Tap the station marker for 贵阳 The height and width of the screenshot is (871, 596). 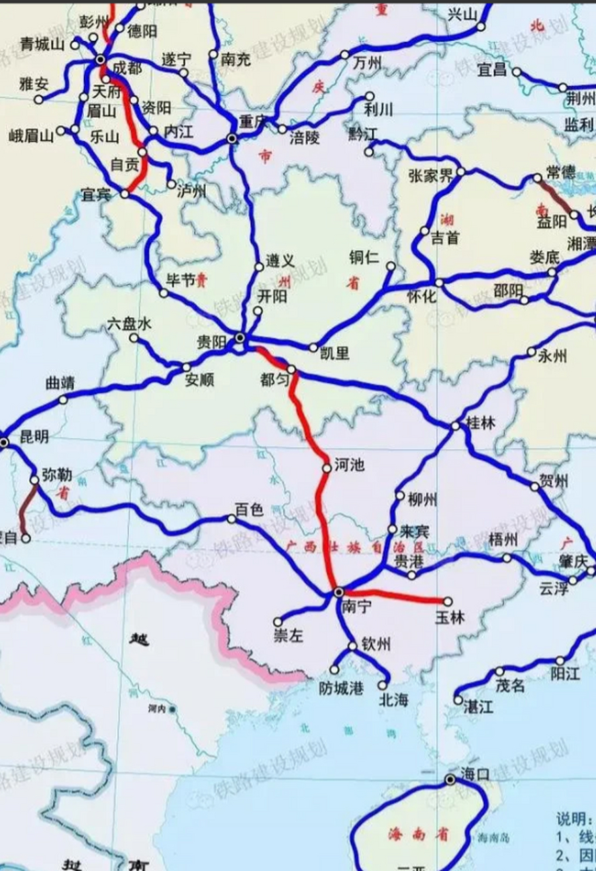point(240,338)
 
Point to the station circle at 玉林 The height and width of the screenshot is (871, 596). point(448,602)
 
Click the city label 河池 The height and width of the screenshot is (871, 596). point(349,465)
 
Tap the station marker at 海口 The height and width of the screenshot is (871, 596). point(450,780)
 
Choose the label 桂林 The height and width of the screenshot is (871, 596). point(480,423)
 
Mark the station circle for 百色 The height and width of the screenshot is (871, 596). point(232,519)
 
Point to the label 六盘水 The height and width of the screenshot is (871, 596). point(128,325)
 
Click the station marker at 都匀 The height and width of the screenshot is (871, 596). point(292,370)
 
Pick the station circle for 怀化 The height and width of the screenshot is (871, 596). point(439,282)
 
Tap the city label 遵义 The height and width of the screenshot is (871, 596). point(280,261)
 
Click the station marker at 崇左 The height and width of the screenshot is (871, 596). point(278,621)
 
